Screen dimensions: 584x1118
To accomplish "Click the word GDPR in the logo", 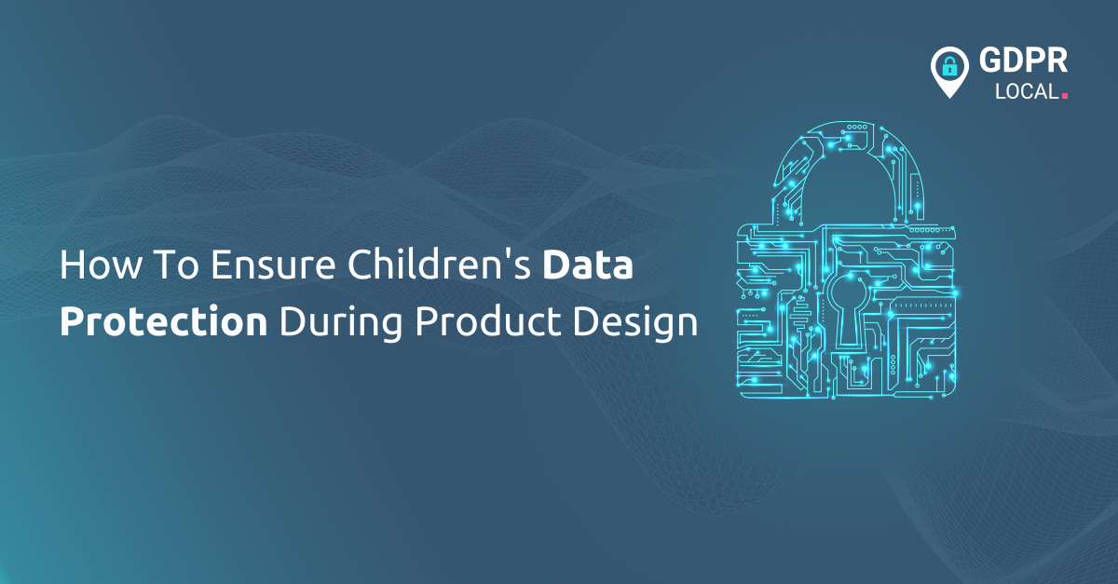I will pos(1023,62).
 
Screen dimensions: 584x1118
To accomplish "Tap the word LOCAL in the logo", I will pos(1026,92).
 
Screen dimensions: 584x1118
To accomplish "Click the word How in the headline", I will pos(90,266).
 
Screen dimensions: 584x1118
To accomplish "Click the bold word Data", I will pos(589,266).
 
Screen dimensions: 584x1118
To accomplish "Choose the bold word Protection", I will pos(164,322).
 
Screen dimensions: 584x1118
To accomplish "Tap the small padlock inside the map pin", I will pos(949,66).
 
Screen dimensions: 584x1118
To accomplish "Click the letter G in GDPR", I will pos(990,62).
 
